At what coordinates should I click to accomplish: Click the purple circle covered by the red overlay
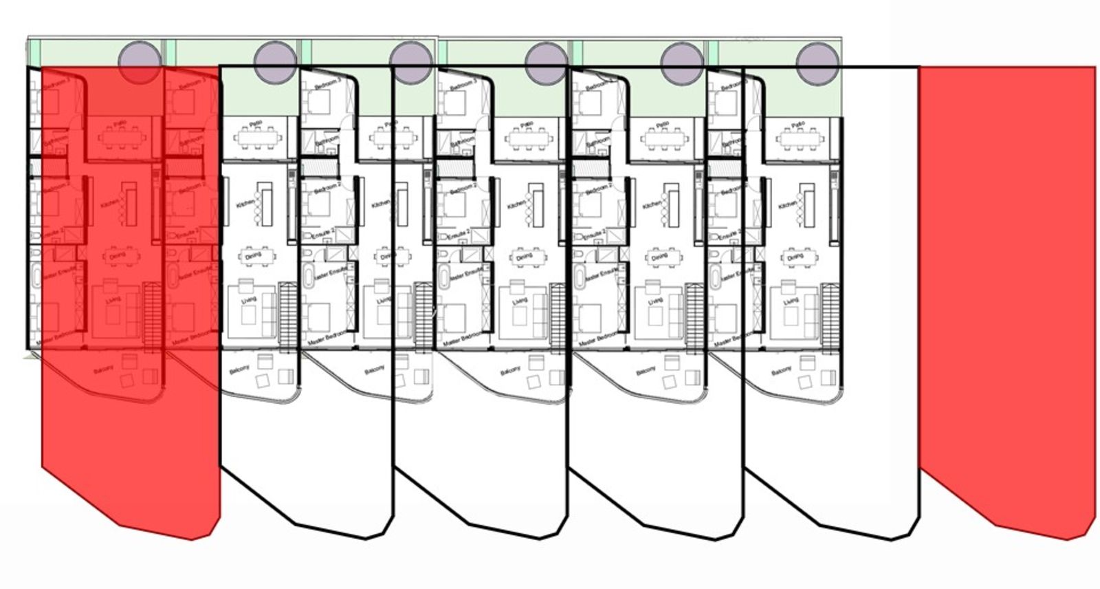tap(140, 63)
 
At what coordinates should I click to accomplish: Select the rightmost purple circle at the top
tap(817, 63)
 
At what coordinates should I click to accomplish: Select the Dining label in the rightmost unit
tap(795, 257)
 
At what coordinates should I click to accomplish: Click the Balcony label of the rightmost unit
tap(780, 372)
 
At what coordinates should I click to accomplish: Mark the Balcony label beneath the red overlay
tap(102, 372)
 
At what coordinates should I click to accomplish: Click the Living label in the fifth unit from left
tap(655, 301)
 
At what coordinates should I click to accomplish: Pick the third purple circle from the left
tap(410, 63)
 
